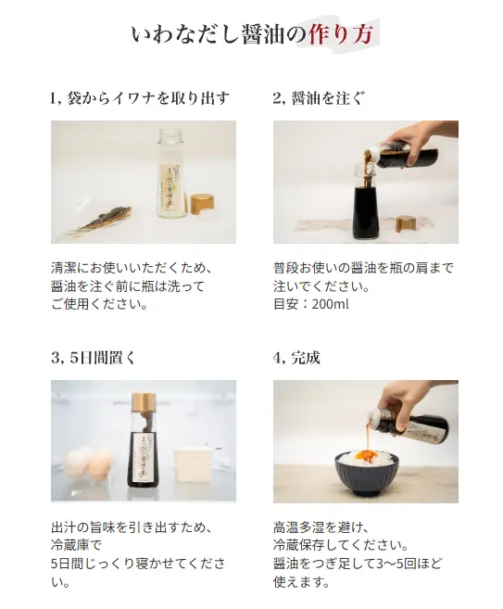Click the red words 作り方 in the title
coord(341,34)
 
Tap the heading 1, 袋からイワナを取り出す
coord(140,98)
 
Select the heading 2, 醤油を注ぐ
coord(319,98)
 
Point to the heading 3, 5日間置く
coord(93,357)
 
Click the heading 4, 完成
coord(296,357)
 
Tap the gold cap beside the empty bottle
coord(202,206)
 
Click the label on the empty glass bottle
coord(171,187)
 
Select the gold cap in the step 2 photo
coord(407,224)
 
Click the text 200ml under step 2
coord(331,304)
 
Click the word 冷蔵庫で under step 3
coord(76,545)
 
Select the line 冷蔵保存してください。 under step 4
coord(341,545)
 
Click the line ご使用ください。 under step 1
coord(100,304)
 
